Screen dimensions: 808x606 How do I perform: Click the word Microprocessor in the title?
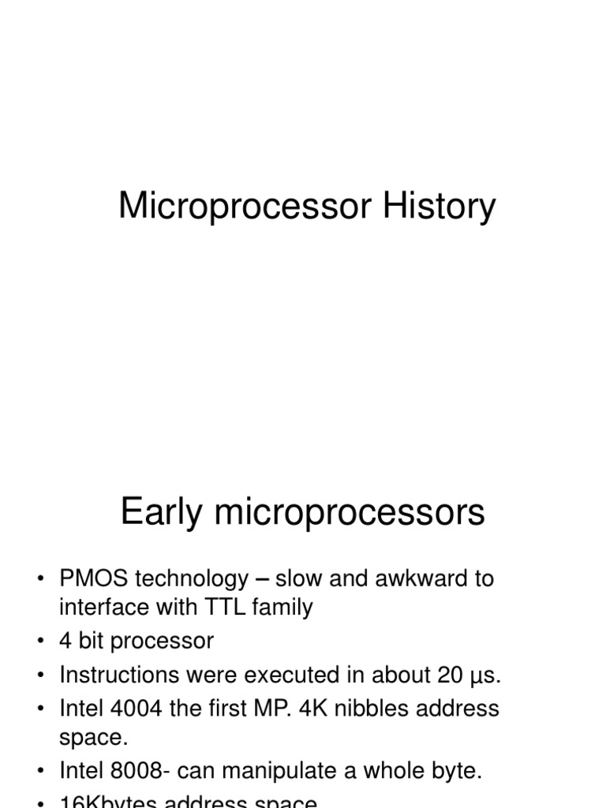tap(245, 207)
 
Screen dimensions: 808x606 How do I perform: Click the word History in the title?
tap(440, 207)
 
